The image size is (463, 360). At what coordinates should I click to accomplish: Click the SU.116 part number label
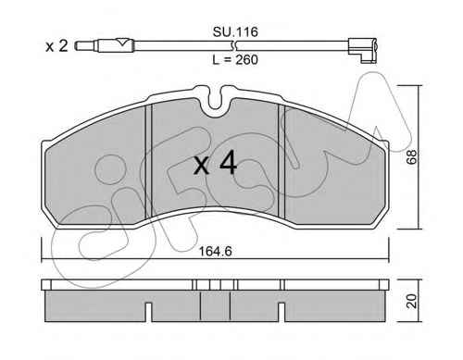click(235, 31)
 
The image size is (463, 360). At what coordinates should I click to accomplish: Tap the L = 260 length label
click(235, 59)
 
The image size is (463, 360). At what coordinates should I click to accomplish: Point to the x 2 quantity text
click(56, 46)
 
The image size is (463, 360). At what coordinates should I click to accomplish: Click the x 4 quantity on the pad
click(215, 164)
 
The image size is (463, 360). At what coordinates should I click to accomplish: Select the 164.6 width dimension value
click(215, 252)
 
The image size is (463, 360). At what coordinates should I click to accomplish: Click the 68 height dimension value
click(412, 156)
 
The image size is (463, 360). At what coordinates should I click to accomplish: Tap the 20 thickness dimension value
click(412, 301)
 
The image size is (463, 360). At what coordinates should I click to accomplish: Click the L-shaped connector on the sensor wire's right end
click(363, 50)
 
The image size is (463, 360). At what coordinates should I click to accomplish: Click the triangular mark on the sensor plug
click(122, 42)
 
